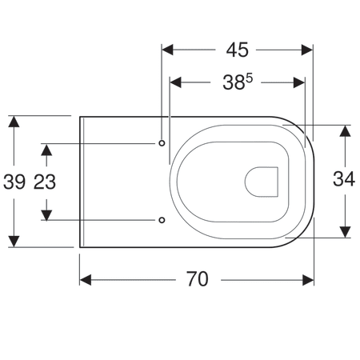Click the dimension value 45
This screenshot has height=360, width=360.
(x=238, y=50)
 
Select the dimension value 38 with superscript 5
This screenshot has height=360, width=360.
(x=238, y=82)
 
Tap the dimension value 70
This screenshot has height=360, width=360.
(x=198, y=279)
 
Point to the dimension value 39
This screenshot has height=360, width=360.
(x=14, y=182)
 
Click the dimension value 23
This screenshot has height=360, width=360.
(x=45, y=182)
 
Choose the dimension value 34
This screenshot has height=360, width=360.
(x=344, y=178)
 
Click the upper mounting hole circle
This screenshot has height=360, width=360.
(x=162, y=143)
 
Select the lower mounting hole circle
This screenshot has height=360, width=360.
(x=162, y=220)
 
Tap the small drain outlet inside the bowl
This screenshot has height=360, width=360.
(x=262, y=182)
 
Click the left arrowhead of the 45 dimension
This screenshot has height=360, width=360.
(x=167, y=50)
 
